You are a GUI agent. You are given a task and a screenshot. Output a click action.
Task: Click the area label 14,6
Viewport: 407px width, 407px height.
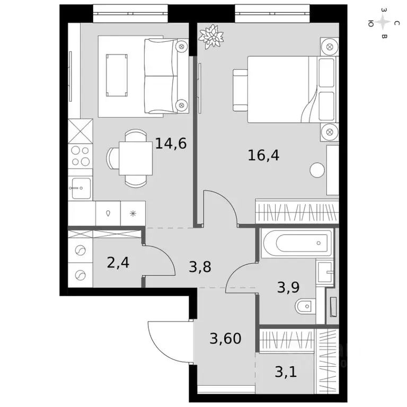[x=171, y=143]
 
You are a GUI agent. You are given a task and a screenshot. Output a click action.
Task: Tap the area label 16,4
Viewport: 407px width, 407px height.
[x=264, y=155]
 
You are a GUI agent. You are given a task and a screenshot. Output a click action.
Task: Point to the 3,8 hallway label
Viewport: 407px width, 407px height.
[x=200, y=267]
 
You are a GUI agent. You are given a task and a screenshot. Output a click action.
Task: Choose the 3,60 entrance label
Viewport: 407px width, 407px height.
[x=226, y=338]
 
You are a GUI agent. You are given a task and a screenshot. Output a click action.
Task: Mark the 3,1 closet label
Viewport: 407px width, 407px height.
[x=286, y=371]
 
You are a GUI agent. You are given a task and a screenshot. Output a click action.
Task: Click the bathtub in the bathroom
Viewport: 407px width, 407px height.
[x=297, y=243]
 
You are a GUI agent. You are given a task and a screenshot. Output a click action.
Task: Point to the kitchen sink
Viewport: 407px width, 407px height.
[x=81, y=187]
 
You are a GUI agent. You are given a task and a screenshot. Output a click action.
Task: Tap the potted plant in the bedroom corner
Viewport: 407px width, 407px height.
[x=210, y=36]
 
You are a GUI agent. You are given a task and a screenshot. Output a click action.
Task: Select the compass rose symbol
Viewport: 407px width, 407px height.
[x=383, y=23]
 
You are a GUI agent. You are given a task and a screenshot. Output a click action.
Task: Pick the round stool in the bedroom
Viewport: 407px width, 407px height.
[x=317, y=171]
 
